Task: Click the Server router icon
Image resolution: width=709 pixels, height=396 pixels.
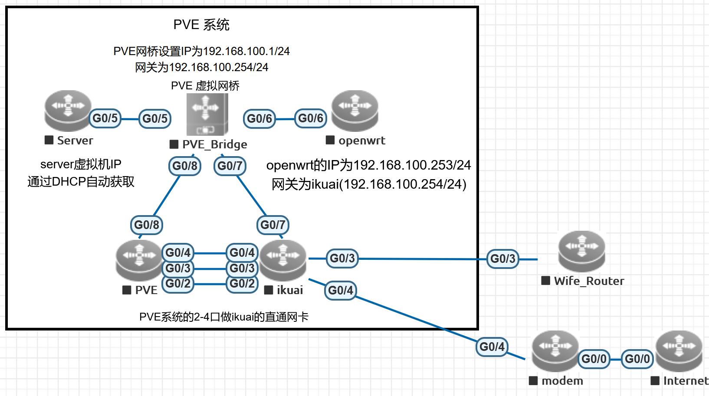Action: (x=68, y=111)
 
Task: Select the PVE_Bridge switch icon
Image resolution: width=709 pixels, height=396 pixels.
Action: (x=207, y=114)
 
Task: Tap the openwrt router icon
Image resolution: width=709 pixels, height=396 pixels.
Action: (x=354, y=111)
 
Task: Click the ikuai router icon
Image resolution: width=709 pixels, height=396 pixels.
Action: (x=283, y=260)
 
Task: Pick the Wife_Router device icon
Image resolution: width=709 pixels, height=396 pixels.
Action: (x=581, y=251)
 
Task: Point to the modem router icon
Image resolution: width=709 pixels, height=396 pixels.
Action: (x=555, y=351)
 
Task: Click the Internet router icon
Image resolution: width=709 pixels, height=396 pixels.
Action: (x=679, y=351)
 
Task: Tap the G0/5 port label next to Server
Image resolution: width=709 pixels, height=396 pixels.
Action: (x=105, y=118)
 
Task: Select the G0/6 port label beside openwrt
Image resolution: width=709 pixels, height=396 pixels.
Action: (x=311, y=118)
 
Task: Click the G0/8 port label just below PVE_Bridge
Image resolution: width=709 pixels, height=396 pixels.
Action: (x=185, y=166)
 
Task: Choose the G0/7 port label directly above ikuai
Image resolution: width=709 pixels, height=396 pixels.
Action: (x=273, y=225)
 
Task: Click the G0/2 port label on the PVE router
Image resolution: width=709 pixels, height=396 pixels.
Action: (x=178, y=284)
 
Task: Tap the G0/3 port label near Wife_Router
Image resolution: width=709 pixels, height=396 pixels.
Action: (x=502, y=259)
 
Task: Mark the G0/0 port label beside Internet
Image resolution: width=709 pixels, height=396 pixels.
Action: (x=637, y=359)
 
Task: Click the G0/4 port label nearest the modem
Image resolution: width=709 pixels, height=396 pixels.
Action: (x=492, y=347)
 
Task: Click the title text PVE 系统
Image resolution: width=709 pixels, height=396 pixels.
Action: (x=201, y=25)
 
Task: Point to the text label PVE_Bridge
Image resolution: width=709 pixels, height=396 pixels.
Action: (x=214, y=144)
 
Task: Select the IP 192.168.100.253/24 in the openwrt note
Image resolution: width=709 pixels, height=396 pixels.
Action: (x=412, y=165)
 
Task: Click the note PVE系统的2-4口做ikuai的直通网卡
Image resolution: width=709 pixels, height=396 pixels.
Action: (x=224, y=317)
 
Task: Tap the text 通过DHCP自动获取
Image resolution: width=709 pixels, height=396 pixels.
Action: (x=81, y=182)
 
